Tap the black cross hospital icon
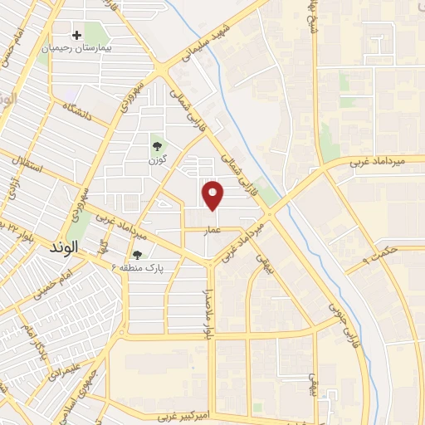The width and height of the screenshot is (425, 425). [x=77, y=35]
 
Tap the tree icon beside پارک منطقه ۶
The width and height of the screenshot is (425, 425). [x=137, y=255]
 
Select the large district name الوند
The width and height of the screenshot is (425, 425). [x=63, y=247]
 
